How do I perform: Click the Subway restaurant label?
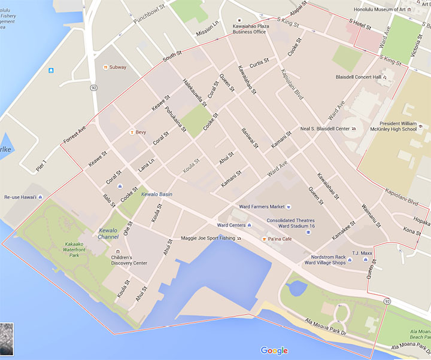click(117, 67)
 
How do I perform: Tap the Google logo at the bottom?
click(274, 350)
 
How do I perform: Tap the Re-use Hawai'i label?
click(21, 197)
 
